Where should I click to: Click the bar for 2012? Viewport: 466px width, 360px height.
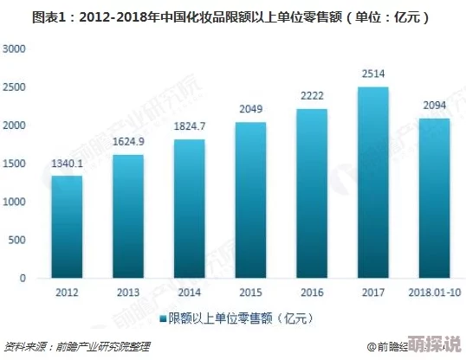67,228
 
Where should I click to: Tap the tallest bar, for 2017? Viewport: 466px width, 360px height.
373,183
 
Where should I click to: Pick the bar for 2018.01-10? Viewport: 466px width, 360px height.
435,199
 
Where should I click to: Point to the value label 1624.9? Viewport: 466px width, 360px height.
128,142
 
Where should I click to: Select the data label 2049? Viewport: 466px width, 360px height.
251,109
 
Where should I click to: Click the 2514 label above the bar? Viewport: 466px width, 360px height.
373,74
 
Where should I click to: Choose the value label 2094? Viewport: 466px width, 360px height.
435,106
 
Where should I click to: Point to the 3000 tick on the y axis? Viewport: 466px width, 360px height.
16,49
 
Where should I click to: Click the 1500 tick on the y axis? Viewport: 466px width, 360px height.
16,164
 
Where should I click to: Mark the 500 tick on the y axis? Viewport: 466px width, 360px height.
19,240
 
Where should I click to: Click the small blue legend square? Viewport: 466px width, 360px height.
161,320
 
